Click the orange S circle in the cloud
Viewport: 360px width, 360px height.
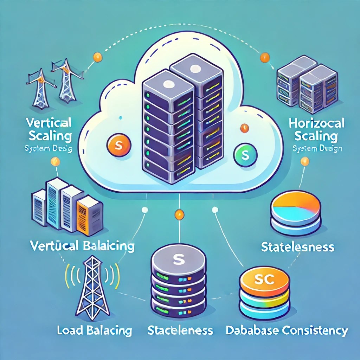click(x=118, y=144)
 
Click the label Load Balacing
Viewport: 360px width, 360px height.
click(x=95, y=330)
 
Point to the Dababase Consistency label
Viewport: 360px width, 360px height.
click(x=286, y=330)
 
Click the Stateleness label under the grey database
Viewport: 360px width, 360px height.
click(x=180, y=330)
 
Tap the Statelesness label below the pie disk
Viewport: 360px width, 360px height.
click(x=297, y=246)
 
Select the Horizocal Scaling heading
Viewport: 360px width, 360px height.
click(x=316, y=129)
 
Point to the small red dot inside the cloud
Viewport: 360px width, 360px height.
click(x=242, y=127)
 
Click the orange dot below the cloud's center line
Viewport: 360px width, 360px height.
click(x=179, y=214)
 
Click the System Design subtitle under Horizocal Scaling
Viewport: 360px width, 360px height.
click(x=317, y=149)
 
